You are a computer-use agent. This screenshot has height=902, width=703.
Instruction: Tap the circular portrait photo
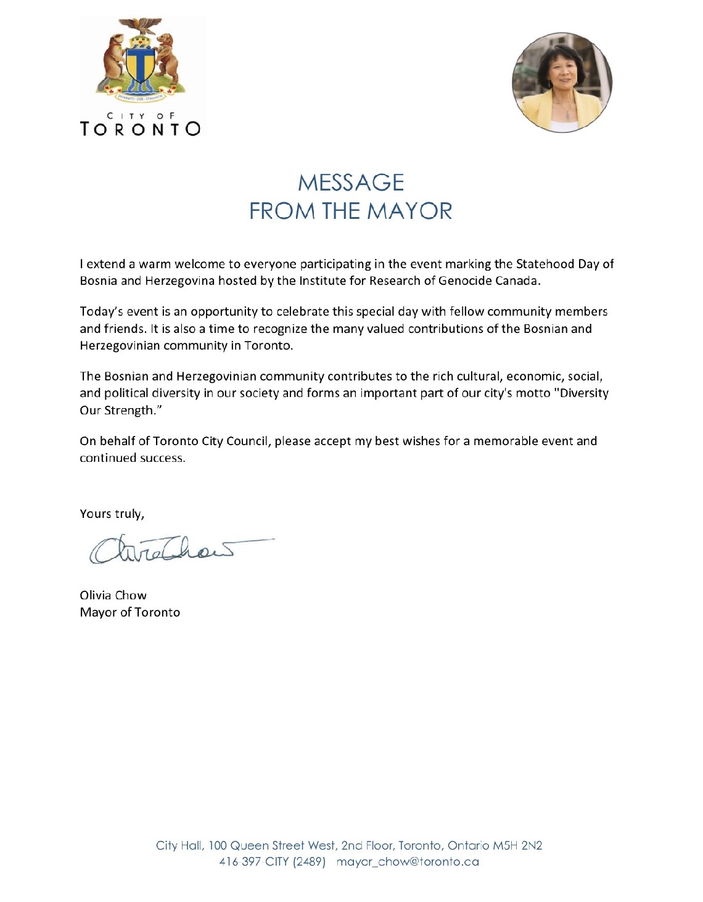pos(562,82)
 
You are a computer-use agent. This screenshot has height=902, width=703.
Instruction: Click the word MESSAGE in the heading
pos(351,182)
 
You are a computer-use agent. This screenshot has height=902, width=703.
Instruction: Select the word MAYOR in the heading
pos(410,211)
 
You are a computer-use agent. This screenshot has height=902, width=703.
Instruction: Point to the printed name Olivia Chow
pos(113,595)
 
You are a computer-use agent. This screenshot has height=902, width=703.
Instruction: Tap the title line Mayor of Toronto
pos(129,612)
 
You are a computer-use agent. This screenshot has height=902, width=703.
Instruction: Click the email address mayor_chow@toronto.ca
pos(408,862)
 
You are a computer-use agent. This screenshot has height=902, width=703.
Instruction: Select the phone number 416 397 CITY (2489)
pos(272,862)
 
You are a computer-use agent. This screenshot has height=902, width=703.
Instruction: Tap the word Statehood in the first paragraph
pos(545,264)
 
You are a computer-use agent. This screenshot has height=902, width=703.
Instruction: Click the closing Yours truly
pos(112,514)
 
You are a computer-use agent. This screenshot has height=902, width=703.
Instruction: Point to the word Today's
pos(102,312)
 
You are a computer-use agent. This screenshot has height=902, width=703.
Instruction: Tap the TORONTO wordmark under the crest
pos(140,128)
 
